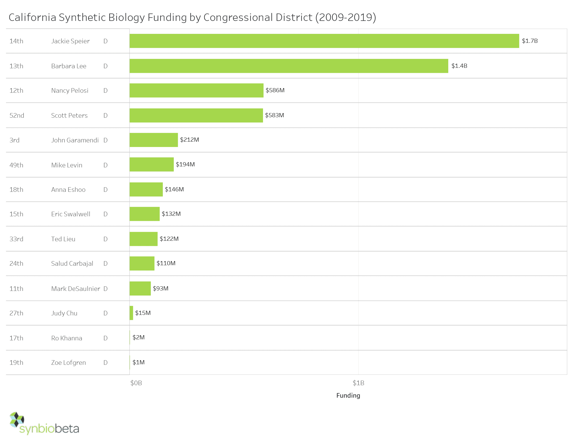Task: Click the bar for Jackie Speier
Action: pyautogui.click(x=324, y=41)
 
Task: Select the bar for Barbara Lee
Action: pyautogui.click(x=289, y=66)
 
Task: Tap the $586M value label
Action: pyautogui.click(x=275, y=90)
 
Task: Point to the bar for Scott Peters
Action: pyautogui.click(x=196, y=115)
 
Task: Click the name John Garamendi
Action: pyautogui.click(x=75, y=140)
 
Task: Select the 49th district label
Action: pyautogui.click(x=16, y=165)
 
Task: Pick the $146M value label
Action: pyautogui.click(x=174, y=189)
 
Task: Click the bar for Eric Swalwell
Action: pyautogui.click(x=145, y=214)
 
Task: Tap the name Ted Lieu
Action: pyautogui.click(x=63, y=239)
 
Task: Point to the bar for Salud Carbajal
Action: pyautogui.click(x=142, y=263)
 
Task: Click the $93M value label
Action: pyautogui.click(x=160, y=288)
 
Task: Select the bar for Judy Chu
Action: pyautogui.click(x=131, y=313)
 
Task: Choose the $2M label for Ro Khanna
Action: pyautogui.click(x=139, y=337)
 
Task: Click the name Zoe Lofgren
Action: pyautogui.click(x=68, y=363)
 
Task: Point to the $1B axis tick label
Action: pyautogui.click(x=358, y=383)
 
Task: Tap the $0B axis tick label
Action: pyautogui.click(x=136, y=383)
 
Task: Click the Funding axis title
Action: pyautogui.click(x=348, y=396)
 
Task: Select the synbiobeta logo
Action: pyautogui.click(x=44, y=423)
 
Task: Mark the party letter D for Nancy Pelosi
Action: pyautogui.click(x=105, y=90)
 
